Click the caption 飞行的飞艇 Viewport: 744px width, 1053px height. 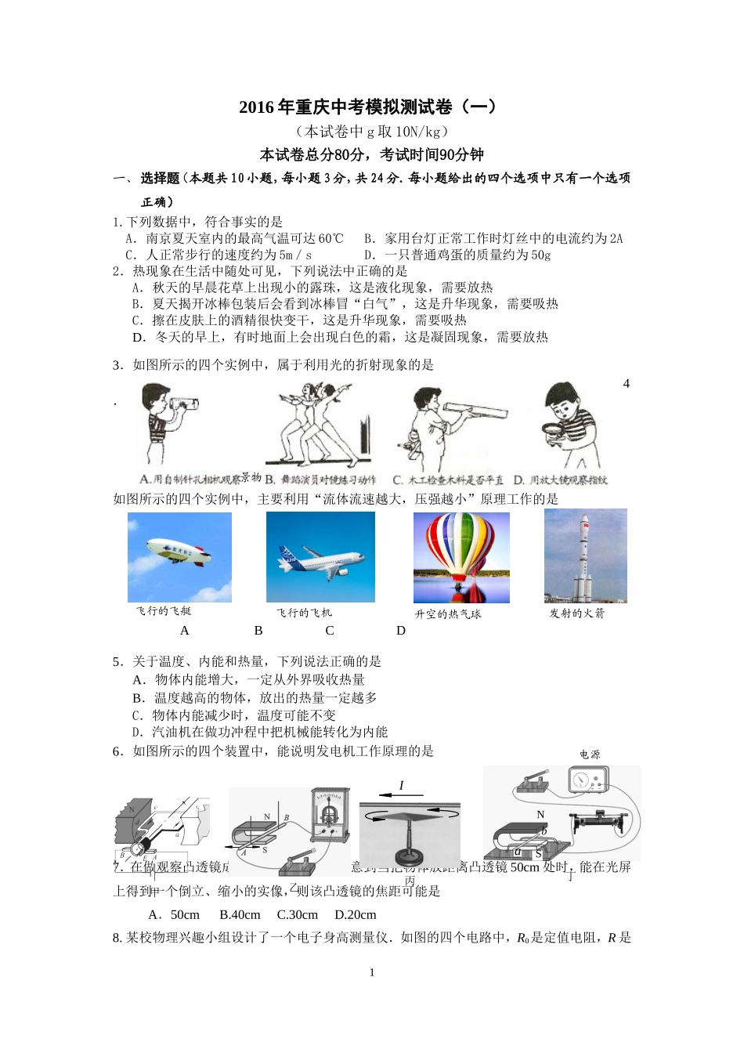pyautogui.click(x=163, y=611)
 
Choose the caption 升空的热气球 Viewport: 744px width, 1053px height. pyautogui.click(x=448, y=614)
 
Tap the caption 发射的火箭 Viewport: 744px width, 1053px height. pyautogui.click(x=577, y=613)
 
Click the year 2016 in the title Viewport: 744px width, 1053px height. pyautogui.click(x=255, y=107)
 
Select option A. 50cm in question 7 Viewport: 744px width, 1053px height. pyautogui.click(x=174, y=914)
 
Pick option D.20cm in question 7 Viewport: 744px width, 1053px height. pyautogui.click(x=356, y=914)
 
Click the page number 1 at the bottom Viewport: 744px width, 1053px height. pyautogui.click(x=372, y=972)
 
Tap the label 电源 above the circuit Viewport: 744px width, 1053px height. pyautogui.click(x=590, y=754)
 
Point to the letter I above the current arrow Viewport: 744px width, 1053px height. pyautogui.click(x=402, y=785)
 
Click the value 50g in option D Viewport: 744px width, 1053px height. pyautogui.click(x=540, y=255)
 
